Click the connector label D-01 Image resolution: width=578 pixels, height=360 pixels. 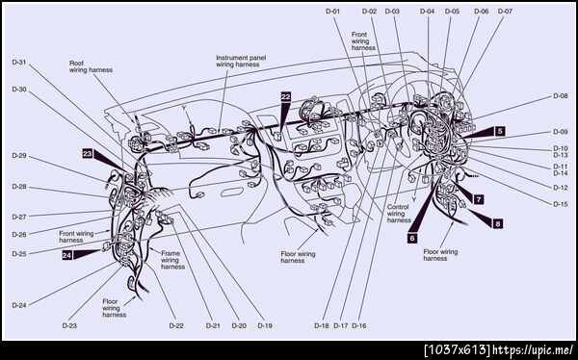332,12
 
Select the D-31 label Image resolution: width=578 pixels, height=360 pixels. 19,63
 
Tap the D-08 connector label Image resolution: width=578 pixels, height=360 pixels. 561,96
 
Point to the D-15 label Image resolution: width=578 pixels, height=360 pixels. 561,204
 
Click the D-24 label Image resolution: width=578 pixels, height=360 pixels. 19,305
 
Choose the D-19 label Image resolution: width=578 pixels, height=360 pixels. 265,325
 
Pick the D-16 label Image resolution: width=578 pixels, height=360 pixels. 359,325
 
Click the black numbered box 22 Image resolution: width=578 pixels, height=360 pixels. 286,97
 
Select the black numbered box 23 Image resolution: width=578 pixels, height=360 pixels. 88,154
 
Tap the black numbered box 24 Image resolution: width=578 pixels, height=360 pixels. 66,255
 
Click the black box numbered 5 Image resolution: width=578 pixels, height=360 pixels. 500,131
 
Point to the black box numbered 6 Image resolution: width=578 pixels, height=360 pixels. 412,239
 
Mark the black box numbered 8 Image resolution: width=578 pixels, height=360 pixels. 498,223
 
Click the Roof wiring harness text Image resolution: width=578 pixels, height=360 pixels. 92,66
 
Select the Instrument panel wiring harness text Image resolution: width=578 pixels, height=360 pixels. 241,62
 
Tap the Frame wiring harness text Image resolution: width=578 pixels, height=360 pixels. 172,260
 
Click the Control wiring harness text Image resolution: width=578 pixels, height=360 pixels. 399,214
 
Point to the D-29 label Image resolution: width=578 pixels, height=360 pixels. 19,156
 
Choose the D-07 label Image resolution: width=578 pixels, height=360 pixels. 505,12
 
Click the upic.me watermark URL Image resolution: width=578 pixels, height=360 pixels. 533,349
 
